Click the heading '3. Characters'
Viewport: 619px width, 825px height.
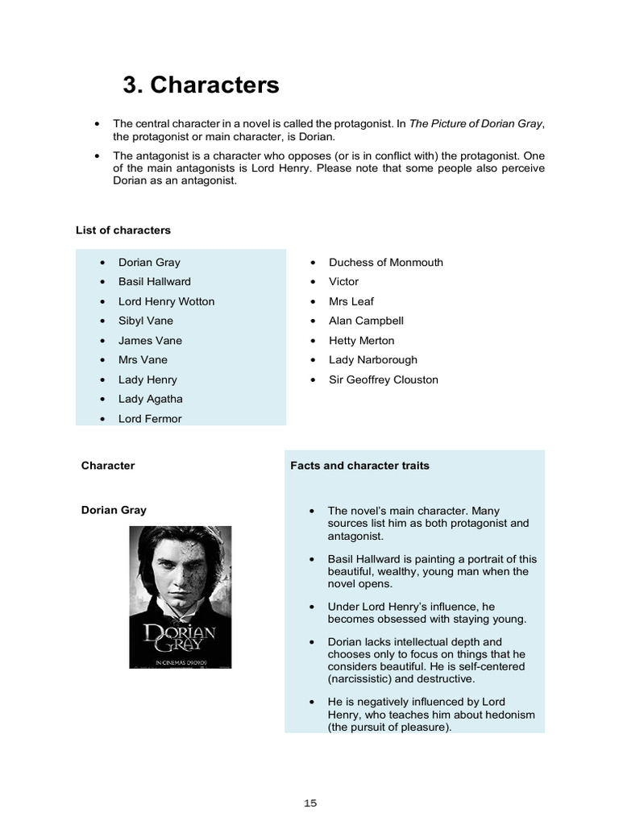pos(201,85)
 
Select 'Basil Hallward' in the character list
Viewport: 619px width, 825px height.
pos(155,281)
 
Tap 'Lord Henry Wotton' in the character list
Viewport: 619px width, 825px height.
pos(166,301)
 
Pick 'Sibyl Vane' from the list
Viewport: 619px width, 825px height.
pos(146,321)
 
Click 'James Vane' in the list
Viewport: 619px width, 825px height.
pos(150,340)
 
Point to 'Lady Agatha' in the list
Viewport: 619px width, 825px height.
pos(151,399)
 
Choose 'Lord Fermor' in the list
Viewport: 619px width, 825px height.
pos(150,418)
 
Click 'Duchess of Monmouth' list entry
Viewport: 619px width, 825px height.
pos(385,262)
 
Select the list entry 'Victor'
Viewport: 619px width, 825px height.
pos(343,281)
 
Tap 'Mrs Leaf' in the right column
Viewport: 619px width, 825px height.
pos(351,301)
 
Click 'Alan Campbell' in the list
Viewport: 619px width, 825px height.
pos(366,321)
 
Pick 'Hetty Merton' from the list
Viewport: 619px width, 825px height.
pos(361,340)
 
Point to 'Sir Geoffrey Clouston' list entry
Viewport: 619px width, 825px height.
pos(383,379)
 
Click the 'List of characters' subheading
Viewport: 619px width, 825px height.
pos(123,230)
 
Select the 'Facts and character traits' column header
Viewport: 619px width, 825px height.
pos(359,466)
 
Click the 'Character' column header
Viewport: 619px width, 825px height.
pos(108,466)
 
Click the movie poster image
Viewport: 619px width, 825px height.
pos(181,596)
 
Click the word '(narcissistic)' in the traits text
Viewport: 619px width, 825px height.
pos(362,678)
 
